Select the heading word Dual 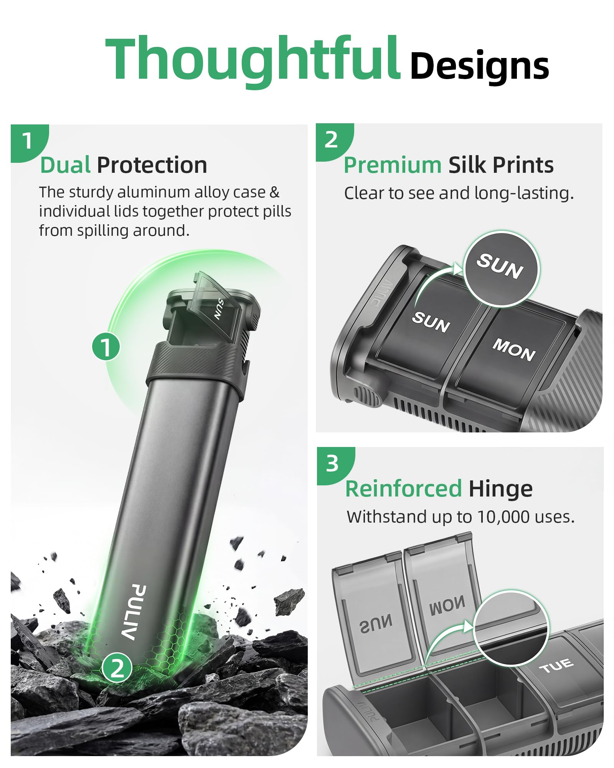(65, 165)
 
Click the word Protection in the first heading (152, 165)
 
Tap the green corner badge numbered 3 (333, 465)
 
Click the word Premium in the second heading (393, 166)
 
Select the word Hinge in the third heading (500, 489)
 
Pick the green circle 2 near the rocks (117, 667)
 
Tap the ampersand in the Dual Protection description (274, 192)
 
